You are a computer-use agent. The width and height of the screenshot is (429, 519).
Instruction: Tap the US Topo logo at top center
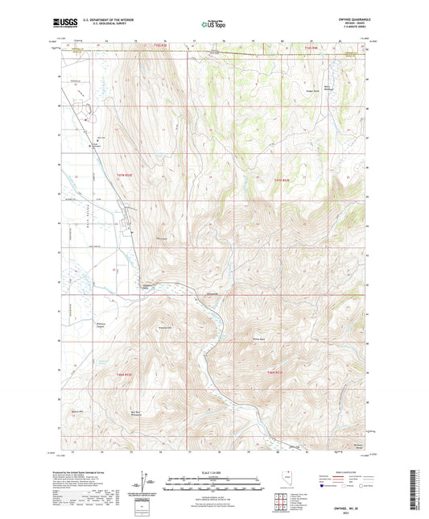[213, 26]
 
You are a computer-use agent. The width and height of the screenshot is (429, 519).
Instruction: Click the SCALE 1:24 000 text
[213, 471]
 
